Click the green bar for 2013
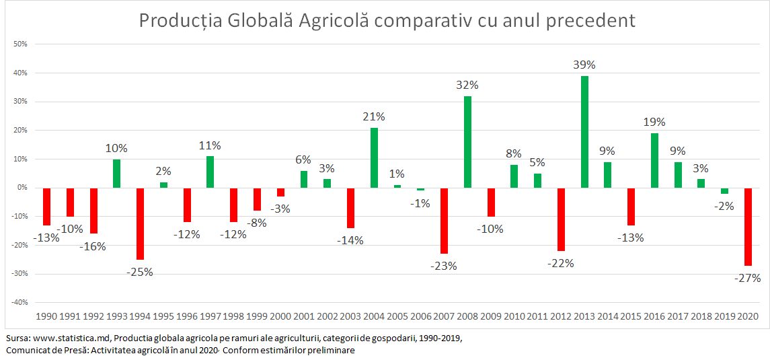tap(585, 132)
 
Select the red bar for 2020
tap(748, 226)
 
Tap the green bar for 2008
tap(467, 142)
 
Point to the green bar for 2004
tap(374, 157)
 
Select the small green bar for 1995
tap(163, 185)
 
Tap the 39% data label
tap(584, 65)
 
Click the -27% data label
tap(747, 278)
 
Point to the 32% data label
tap(467, 85)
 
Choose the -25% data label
tap(140, 273)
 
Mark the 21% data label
tap(374, 117)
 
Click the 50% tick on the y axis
tap(20, 44)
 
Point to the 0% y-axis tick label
tap(22, 188)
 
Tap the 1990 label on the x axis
tap(46, 316)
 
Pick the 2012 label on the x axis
tap(561, 316)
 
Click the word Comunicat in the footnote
tap(26, 351)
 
